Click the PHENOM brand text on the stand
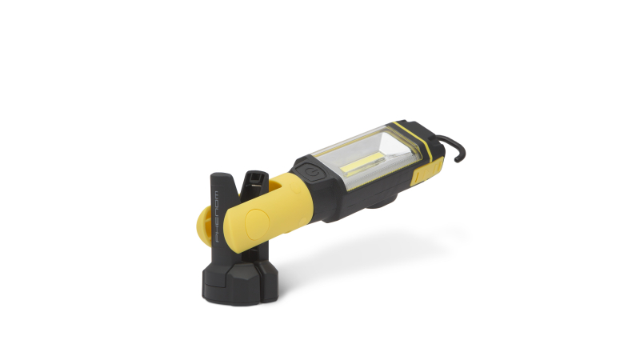click(x=216, y=217)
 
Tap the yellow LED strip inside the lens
click(x=364, y=164)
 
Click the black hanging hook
click(x=452, y=147)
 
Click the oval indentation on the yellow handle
click(x=256, y=224)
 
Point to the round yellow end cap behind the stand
click(x=203, y=226)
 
